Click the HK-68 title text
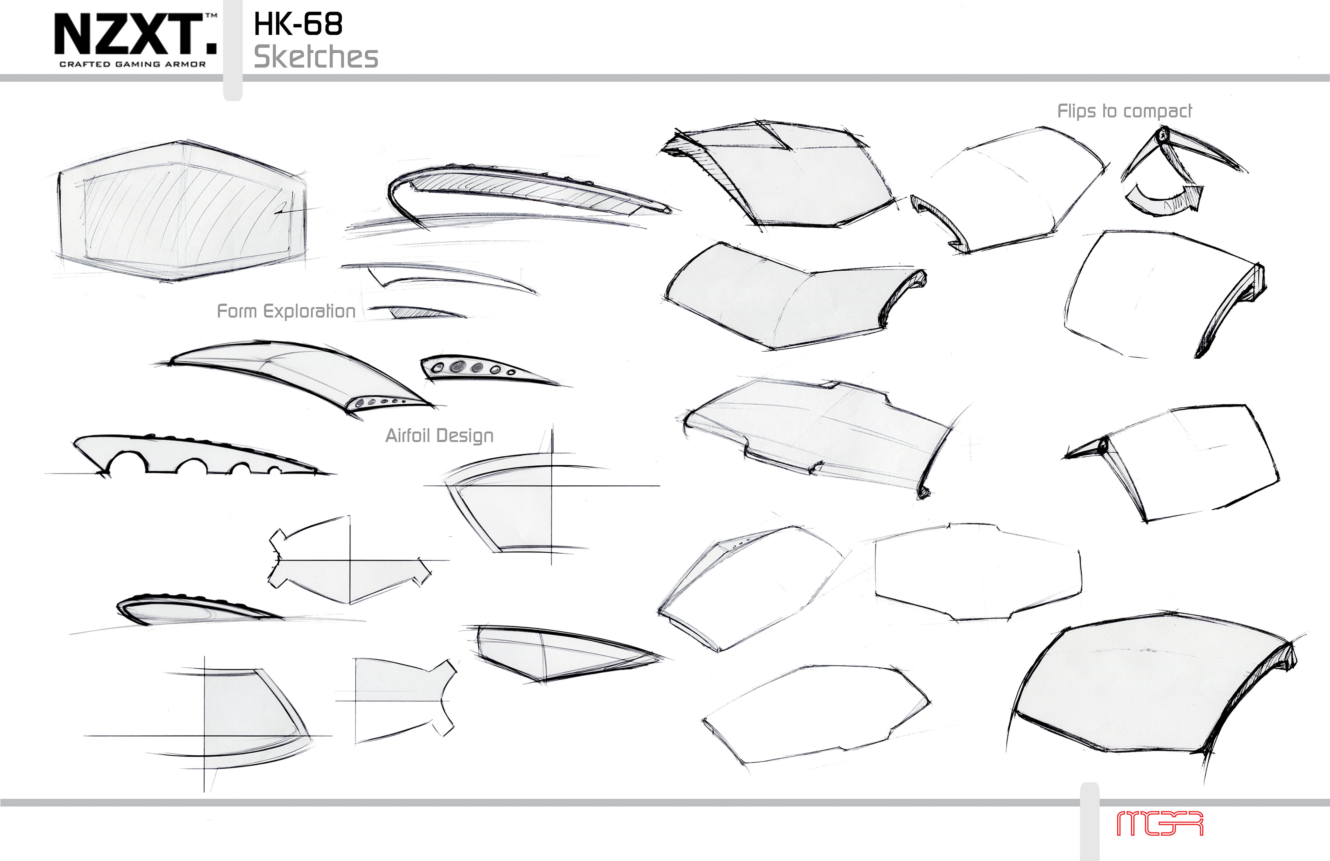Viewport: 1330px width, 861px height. point(298,25)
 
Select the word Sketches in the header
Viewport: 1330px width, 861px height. point(316,57)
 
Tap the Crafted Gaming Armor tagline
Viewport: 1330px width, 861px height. point(132,64)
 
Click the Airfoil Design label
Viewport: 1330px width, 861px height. point(439,436)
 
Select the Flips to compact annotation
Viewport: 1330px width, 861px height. point(1124,111)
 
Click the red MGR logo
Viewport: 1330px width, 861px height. point(1160,824)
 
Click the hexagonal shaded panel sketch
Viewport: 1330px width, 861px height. point(181,211)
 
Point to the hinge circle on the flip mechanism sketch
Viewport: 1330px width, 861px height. point(1162,135)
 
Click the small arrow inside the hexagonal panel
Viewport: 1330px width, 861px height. point(285,211)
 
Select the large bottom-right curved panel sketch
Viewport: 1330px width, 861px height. point(1151,688)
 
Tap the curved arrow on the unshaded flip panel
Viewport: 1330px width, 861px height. point(939,221)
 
